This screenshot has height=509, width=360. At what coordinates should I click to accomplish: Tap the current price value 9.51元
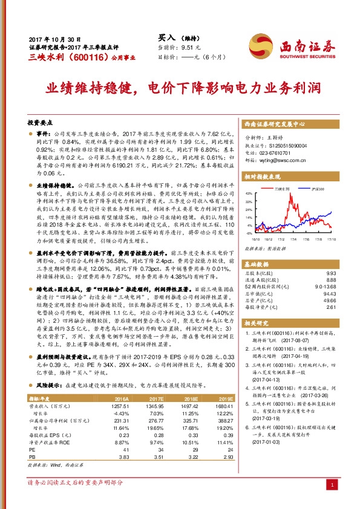click(x=191, y=47)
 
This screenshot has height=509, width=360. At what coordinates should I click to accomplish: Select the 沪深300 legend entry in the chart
click(x=319, y=189)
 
